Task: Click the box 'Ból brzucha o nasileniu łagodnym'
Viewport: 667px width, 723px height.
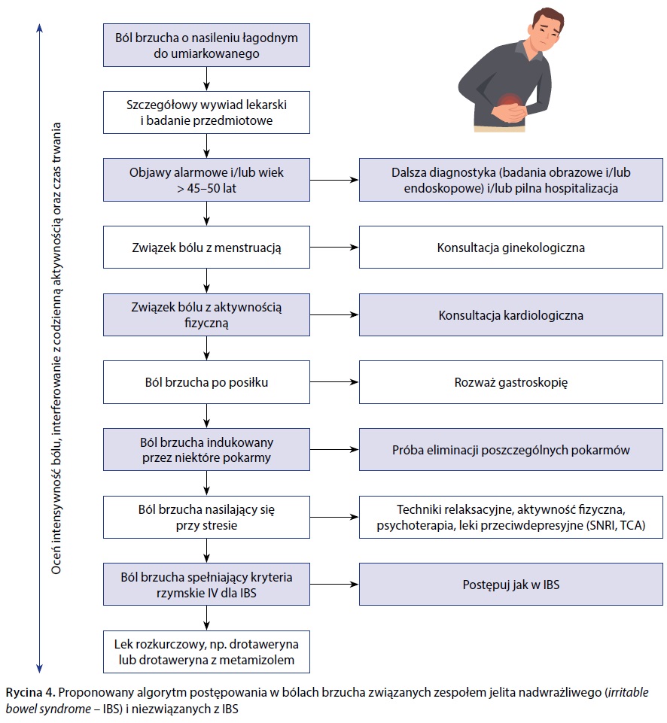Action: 206,44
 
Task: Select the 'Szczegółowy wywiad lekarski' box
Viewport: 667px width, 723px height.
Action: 206,111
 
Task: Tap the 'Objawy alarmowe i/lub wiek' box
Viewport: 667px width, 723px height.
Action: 206,180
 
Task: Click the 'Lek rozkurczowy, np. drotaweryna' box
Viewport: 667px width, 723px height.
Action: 206,652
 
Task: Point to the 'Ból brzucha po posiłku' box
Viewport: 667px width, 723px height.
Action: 206,382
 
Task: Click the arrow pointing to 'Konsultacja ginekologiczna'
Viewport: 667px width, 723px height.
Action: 334,247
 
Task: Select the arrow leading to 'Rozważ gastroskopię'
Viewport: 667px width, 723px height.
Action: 334,382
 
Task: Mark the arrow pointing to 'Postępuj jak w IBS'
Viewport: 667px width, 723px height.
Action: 334,585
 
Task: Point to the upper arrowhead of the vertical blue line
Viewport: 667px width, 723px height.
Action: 39,29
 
